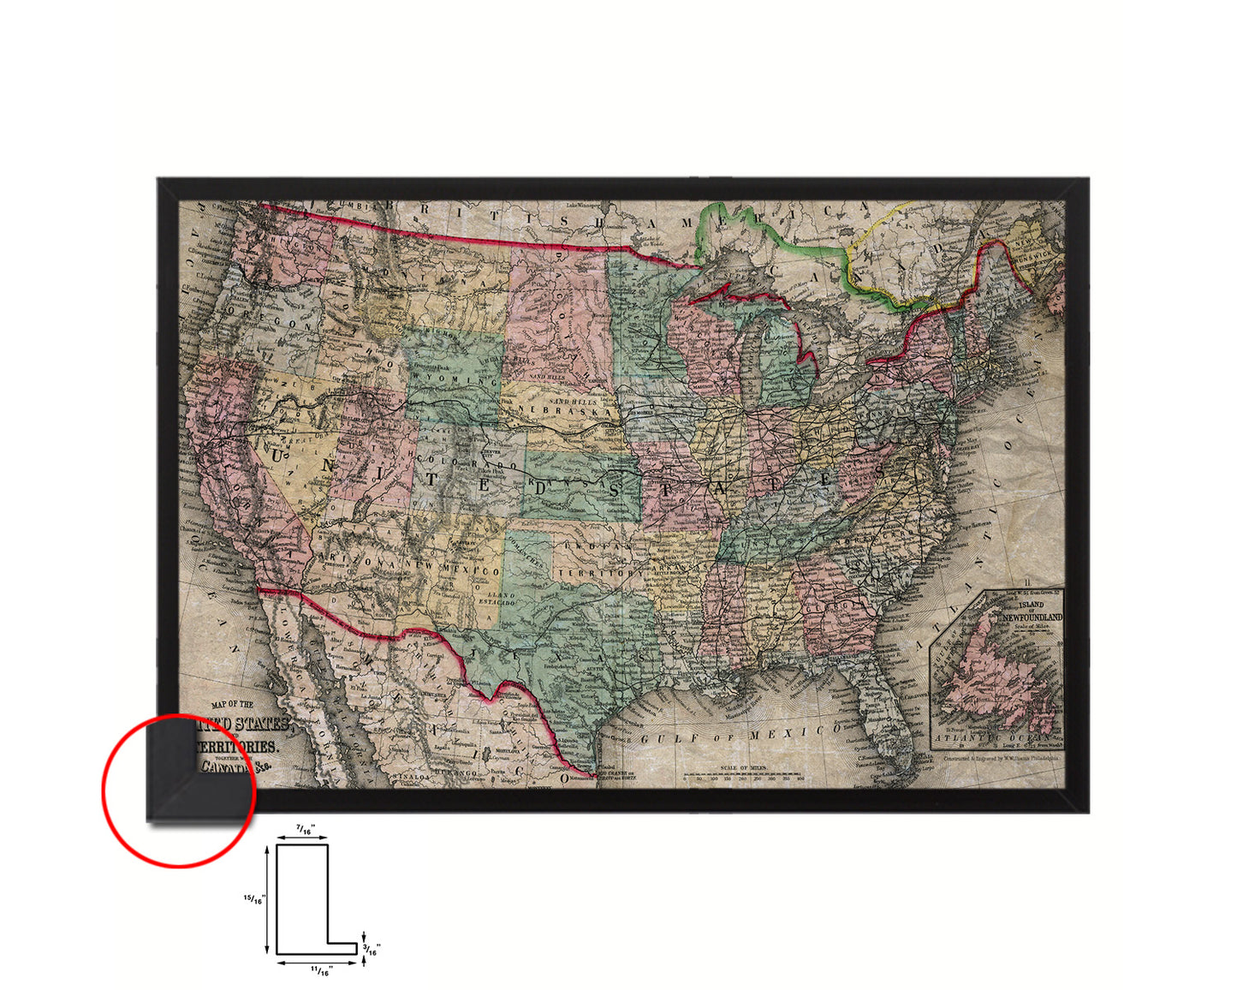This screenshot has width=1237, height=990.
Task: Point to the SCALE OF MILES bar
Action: (743, 775)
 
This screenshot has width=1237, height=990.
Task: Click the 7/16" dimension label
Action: (303, 830)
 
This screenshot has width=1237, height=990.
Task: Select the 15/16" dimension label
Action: (254, 899)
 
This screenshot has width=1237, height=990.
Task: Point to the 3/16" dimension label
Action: (372, 949)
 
